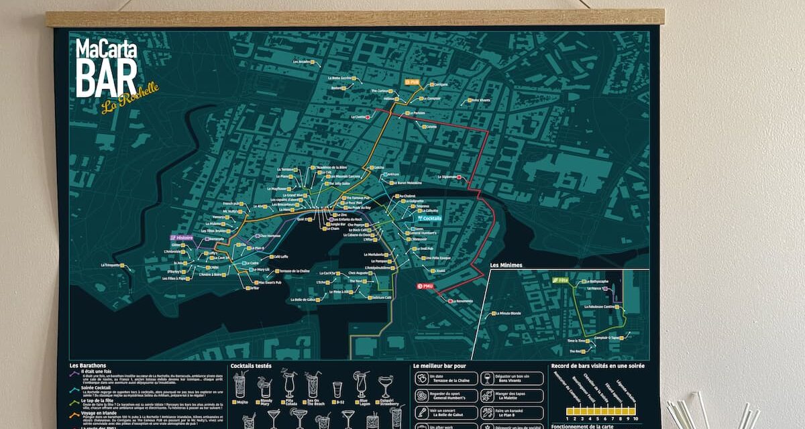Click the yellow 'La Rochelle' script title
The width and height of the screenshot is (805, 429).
(130, 98)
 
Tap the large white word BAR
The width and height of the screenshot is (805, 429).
(106, 77)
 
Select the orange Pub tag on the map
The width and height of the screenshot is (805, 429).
(411, 82)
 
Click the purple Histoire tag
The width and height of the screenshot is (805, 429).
(182, 237)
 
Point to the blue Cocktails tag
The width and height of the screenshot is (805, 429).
(429, 218)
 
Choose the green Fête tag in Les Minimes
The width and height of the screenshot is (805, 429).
(561, 280)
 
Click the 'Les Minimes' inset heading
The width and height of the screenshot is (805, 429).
(506, 265)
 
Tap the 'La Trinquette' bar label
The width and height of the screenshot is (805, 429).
(111, 265)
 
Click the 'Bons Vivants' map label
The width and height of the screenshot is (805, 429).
(479, 101)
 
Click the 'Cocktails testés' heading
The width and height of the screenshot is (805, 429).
(251, 366)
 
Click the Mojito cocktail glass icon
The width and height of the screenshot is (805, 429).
(239, 385)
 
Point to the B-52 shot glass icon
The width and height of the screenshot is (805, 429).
(337, 387)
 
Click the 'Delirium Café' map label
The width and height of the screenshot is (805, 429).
(381, 298)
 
